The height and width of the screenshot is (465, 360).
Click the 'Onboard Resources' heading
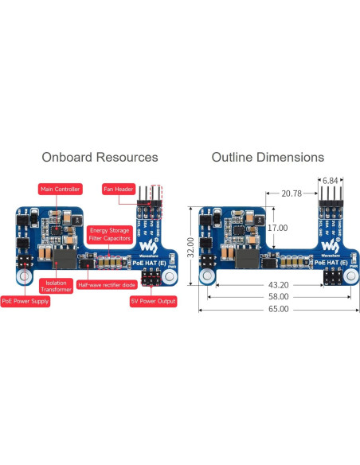(x=100, y=158)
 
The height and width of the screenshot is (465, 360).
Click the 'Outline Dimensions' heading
(x=268, y=158)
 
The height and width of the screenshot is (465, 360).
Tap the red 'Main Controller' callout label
(x=60, y=189)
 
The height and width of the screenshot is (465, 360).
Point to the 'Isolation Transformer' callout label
(x=57, y=286)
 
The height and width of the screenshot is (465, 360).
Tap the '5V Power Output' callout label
(x=153, y=302)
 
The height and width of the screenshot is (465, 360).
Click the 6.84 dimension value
(x=329, y=181)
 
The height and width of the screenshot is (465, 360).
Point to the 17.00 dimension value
(x=277, y=228)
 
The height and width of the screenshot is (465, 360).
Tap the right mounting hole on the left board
(x=169, y=276)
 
